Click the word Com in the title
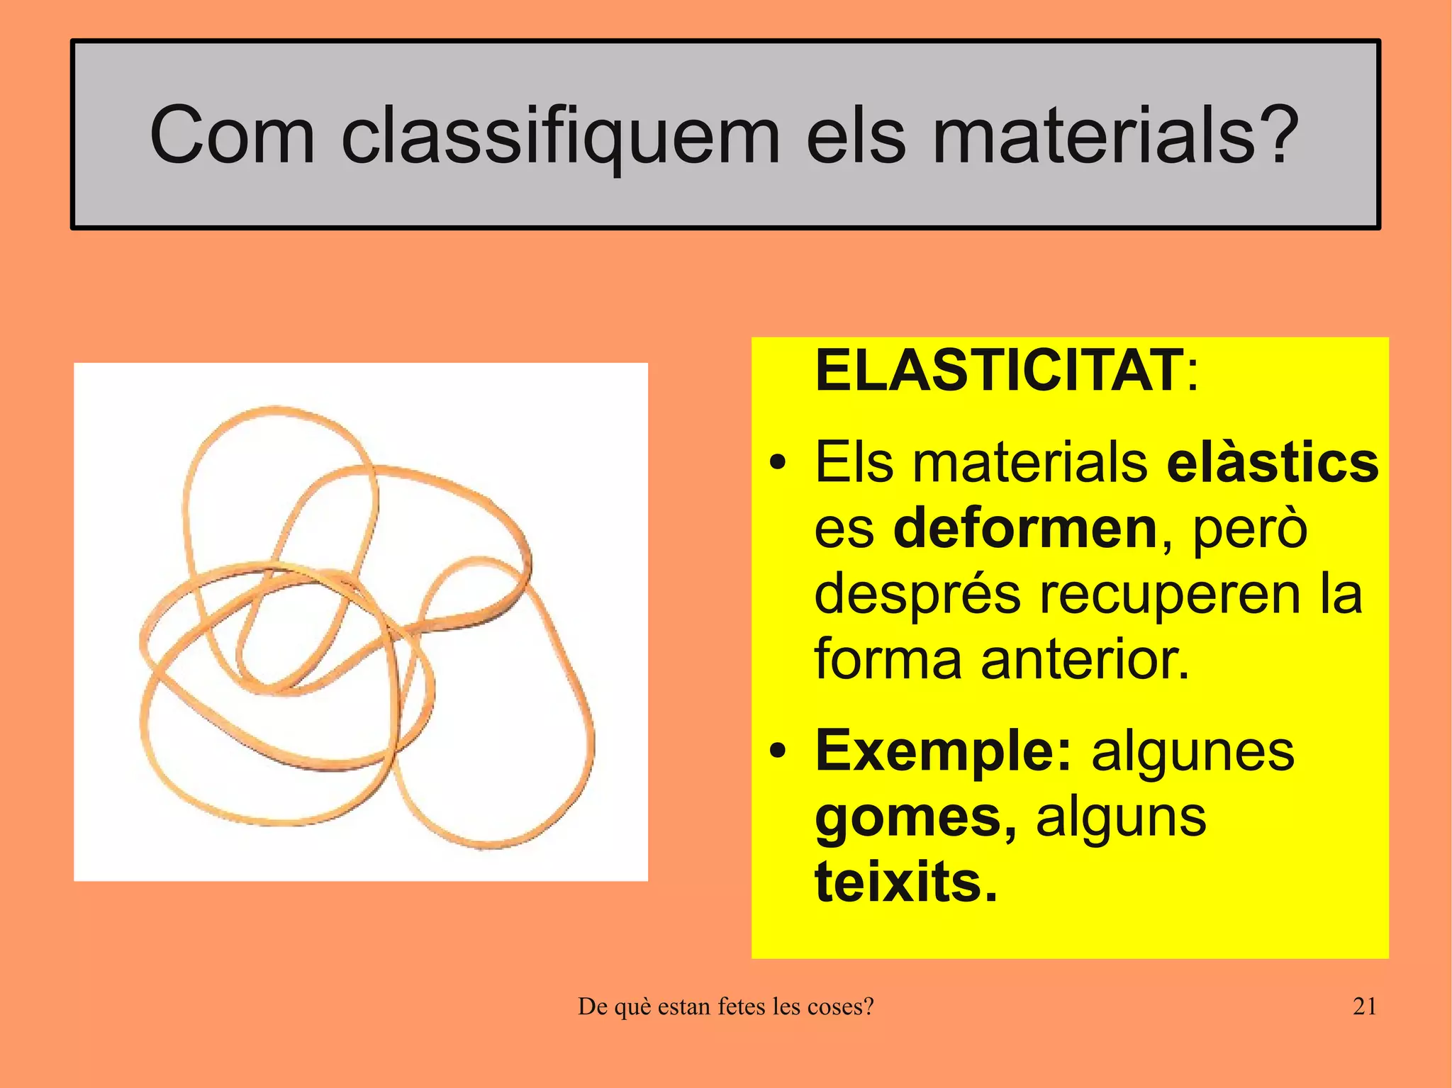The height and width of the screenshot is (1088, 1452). pyautogui.click(x=232, y=135)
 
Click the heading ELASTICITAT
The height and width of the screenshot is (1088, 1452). pyautogui.click(x=998, y=370)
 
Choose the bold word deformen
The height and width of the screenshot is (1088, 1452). pyautogui.click(x=1025, y=528)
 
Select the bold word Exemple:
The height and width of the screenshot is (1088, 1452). pyautogui.click(x=943, y=751)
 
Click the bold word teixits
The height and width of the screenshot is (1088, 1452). pyautogui.click(x=905, y=882)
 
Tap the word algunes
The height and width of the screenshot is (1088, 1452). pyautogui.click(x=1193, y=751)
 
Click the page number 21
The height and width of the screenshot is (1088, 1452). pyautogui.click(x=1364, y=1006)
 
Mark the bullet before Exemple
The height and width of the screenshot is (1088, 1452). pyautogui.click(x=778, y=751)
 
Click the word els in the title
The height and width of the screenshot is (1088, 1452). pyautogui.click(x=855, y=135)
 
